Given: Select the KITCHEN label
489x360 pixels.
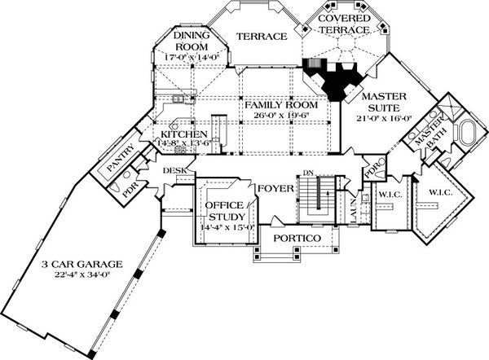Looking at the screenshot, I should click(x=183, y=134).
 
